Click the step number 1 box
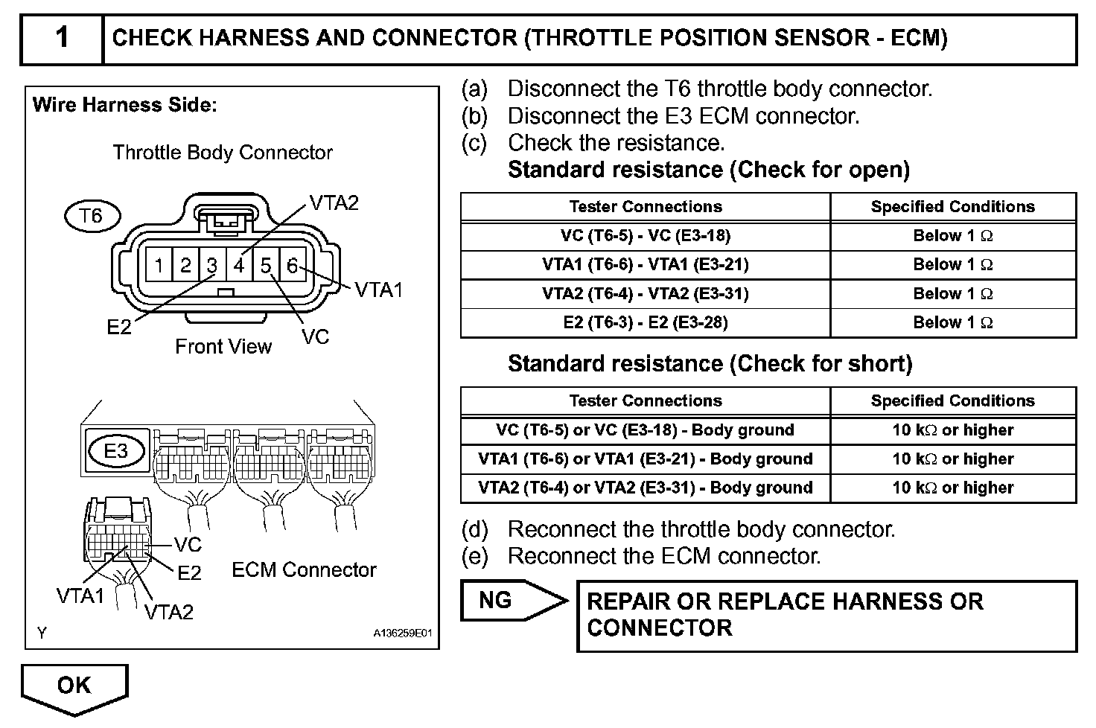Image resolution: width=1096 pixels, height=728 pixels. pyautogui.click(x=62, y=38)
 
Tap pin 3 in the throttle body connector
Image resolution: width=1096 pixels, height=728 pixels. pyautogui.click(x=212, y=265)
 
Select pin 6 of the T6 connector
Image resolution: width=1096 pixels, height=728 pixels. pyautogui.click(x=293, y=265)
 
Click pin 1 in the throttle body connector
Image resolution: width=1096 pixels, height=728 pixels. pyautogui.click(x=159, y=265)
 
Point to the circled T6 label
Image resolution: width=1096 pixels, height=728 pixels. pyautogui.click(x=90, y=216)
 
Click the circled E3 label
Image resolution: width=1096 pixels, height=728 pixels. pyautogui.click(x=115, y=450)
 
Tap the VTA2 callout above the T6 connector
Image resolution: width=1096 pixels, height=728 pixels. pyautogui.click(x=334, y=202)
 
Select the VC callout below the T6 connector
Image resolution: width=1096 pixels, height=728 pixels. pyautogui.click(x=316, y=336)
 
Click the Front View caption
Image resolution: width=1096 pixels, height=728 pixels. pyautogui.click(x=223, y=346)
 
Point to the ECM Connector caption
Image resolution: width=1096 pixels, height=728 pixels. pyautogui.click(x=304, y=569)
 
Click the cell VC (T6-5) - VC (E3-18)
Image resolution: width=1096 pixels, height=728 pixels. pyautogui.click(x=645, y=236)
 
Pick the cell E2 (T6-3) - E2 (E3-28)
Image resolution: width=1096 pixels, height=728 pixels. pyautogui.click(x=645, y=322)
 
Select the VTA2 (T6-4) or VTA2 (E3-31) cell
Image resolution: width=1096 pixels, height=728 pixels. pyautogui.click(x=645, y=488)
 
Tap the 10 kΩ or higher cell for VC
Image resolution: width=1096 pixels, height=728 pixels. pyautogui.click(x=952, y=430)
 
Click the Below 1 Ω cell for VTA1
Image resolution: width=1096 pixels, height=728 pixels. pyautogui.click(x=952, y=264)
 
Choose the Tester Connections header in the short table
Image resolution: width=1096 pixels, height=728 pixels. pyautogui.click(x=645, y=400)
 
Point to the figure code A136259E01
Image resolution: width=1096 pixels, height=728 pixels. pyautogui.click(x=402, y=633)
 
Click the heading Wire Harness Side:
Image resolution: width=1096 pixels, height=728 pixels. pyautogui.click(x=124, y=105)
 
